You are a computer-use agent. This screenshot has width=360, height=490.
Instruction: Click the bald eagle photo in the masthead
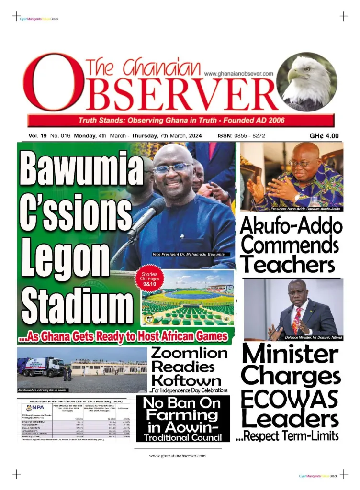pyautogui.click(x=306, y=81)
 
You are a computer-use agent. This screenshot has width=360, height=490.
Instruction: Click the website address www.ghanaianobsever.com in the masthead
pyautogui.click(x=238, y=74)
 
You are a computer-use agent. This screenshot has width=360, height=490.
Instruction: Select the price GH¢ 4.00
pyautogui.click(x=324, y=136)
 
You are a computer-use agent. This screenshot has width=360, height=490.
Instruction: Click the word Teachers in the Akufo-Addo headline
pyautogui.click(x=287, y=264)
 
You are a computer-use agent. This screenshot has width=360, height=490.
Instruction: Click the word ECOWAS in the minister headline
pyautogui.click(x=290, y=399)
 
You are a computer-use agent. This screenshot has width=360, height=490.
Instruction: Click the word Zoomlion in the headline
pyautogui.click(x=189, y=353)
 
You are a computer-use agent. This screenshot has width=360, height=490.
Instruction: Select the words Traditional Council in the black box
pyautogui.click(x=182, y=437)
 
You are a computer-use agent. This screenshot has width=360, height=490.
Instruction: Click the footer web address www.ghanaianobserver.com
pyautogui.click(x=178, y=456)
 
